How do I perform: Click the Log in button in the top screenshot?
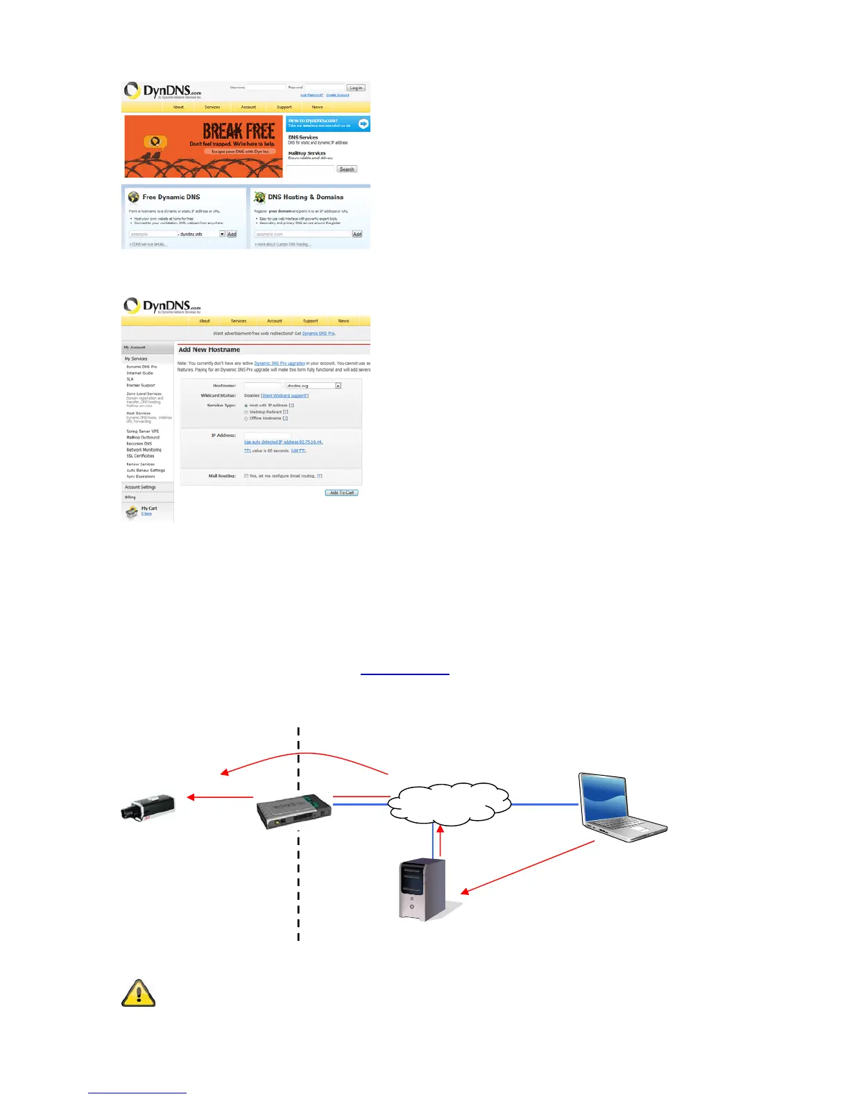click(x=356, y=88)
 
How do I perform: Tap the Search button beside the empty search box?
click(x=347, y=169)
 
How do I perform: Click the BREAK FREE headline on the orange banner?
click(x=239, y=131)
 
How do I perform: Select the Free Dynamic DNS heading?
click(x=171, y=197)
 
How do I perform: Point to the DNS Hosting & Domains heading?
click(x=305, y=197)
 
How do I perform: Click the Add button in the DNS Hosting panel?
click(x=357, y=235)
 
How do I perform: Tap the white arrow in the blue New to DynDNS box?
click(x=363, y=123)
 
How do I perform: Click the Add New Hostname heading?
click(x=209, y=350)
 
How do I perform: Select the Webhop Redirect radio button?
click(x=246, y=412)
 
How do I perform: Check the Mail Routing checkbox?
click(x=246, y=476)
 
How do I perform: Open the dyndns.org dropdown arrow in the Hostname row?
click(x=338, y=386)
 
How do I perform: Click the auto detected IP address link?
click(x=283, y=442)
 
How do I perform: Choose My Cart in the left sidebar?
click(x=149, y=509)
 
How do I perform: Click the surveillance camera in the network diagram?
click(x=148, y=807)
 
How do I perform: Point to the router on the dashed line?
click(x=293, y=811)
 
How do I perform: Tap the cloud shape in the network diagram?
click(x=449, y=803)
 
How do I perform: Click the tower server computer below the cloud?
click(x=423, y=889)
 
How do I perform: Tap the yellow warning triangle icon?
click(x=139, y=994)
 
